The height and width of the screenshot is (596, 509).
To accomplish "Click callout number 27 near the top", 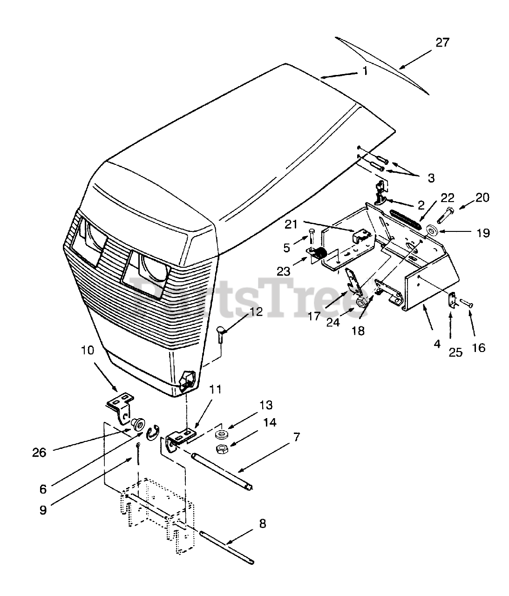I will tap(442, 42).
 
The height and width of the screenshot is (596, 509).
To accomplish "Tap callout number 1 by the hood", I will tap(366, 71).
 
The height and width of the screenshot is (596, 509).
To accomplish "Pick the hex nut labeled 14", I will tap(222, 449).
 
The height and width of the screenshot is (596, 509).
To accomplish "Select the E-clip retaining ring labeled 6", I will tap(152, 433).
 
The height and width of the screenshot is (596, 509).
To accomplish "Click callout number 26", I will tap(40, 452).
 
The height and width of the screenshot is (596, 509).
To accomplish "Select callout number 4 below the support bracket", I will tap(436, 345).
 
